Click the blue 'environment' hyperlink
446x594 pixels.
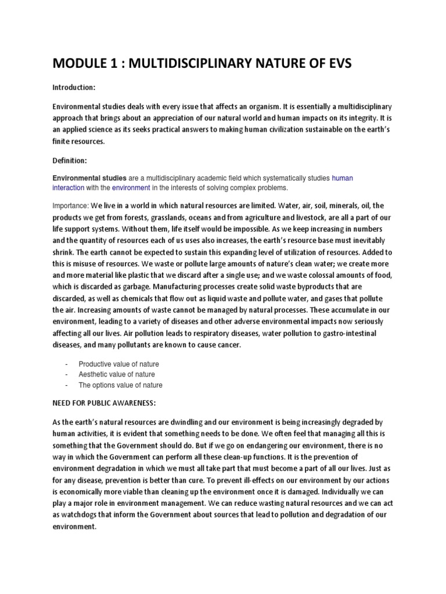tap(131, 189)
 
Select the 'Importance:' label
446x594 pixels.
tap(71, 206)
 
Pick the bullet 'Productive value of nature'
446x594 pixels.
tap(118, 364)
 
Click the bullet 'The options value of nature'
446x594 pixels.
tap(120, 385)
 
